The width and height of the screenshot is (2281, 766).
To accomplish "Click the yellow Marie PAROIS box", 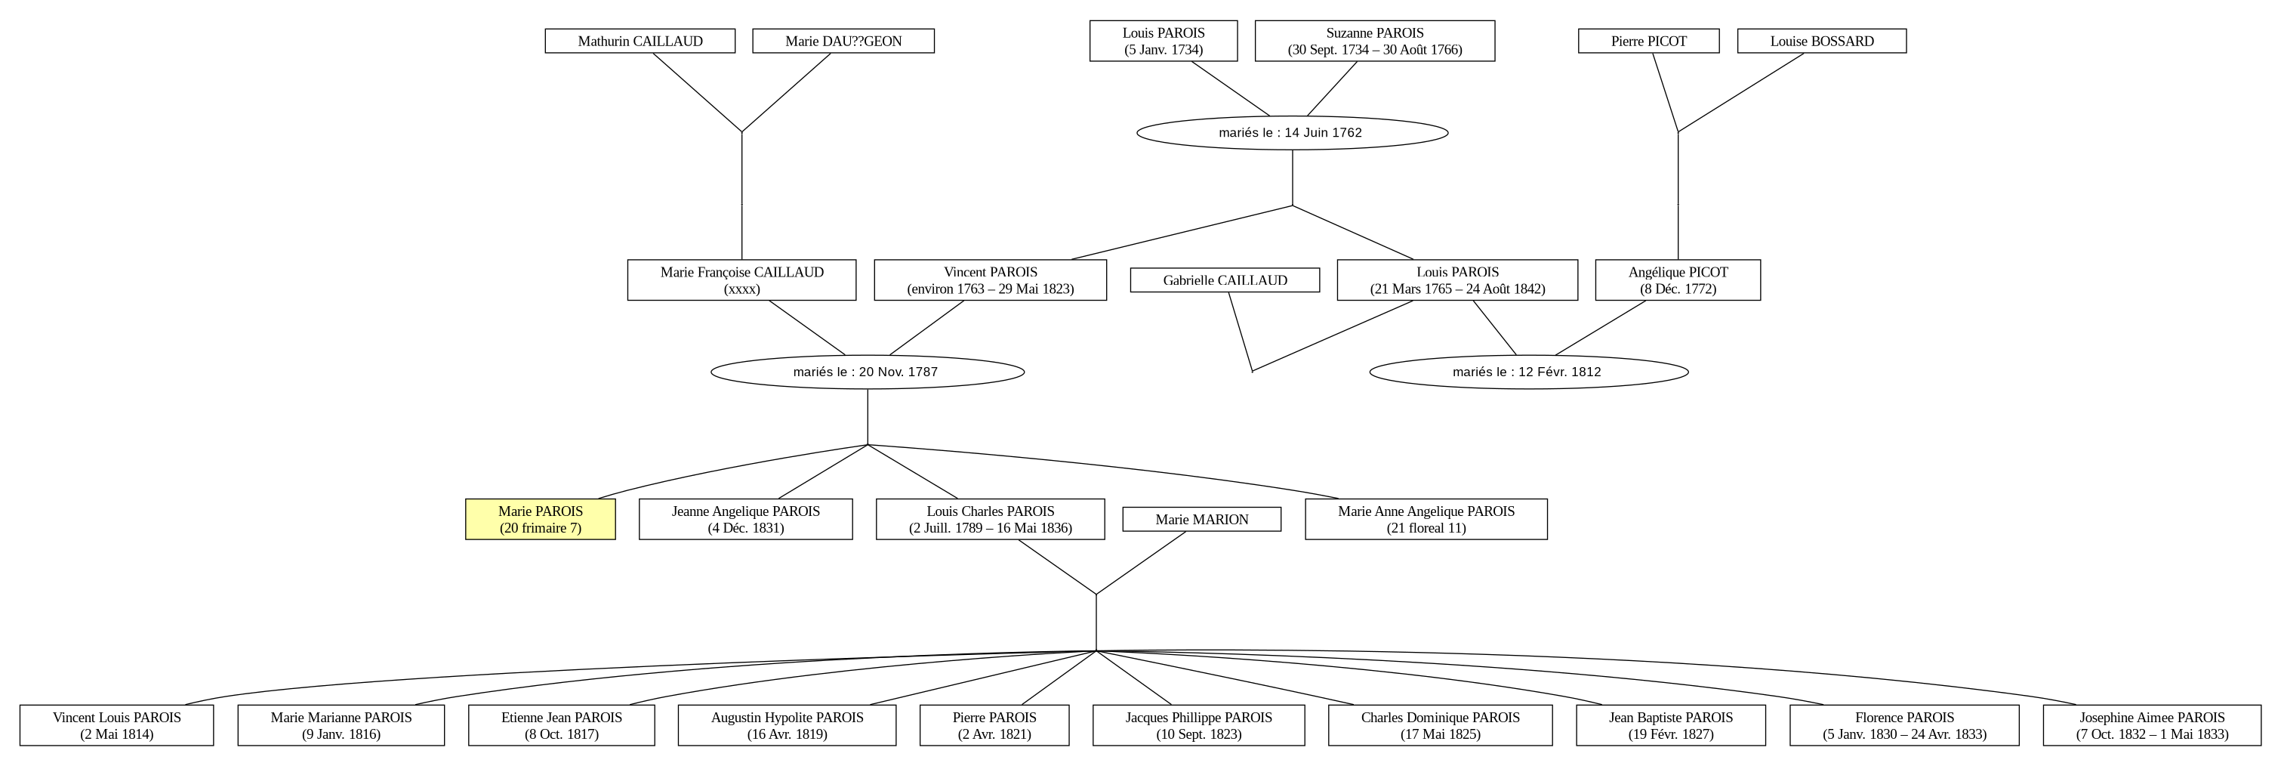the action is (540, 519).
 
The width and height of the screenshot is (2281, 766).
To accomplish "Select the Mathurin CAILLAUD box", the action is (640, 41).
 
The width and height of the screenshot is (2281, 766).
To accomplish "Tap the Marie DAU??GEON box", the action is (843, 41).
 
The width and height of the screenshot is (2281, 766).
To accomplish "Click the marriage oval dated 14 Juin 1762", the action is (1292, 133).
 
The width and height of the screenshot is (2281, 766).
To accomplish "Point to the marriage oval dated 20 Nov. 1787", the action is (868, 372).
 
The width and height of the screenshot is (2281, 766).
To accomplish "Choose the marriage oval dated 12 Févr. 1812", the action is (1528, 372).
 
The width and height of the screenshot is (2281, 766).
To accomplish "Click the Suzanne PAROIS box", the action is (1375, 41).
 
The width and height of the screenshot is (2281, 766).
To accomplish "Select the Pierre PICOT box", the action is (1649, 41).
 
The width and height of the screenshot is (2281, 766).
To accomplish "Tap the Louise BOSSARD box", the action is (1821, 41).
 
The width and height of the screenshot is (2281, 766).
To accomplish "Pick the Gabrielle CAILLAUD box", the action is (1225, 280).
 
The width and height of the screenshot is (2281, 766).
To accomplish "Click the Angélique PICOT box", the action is (1678, 280).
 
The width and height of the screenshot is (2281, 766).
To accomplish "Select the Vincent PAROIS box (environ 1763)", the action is (990, 280).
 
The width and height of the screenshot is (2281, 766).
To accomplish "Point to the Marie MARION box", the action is (1201, 519).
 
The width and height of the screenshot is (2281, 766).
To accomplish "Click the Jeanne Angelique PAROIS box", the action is (745, 519).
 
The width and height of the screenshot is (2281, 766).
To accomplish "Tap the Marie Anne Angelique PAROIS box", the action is (1426, 519).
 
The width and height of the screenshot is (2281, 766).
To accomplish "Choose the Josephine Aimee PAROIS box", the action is (2152, 725).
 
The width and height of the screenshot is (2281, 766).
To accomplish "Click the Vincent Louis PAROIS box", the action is (117, 725).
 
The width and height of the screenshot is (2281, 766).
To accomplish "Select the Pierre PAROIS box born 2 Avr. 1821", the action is (994, 725).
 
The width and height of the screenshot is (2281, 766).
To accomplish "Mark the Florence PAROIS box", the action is (1905, 725).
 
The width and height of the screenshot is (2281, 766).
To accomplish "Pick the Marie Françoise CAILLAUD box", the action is (742, 280).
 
